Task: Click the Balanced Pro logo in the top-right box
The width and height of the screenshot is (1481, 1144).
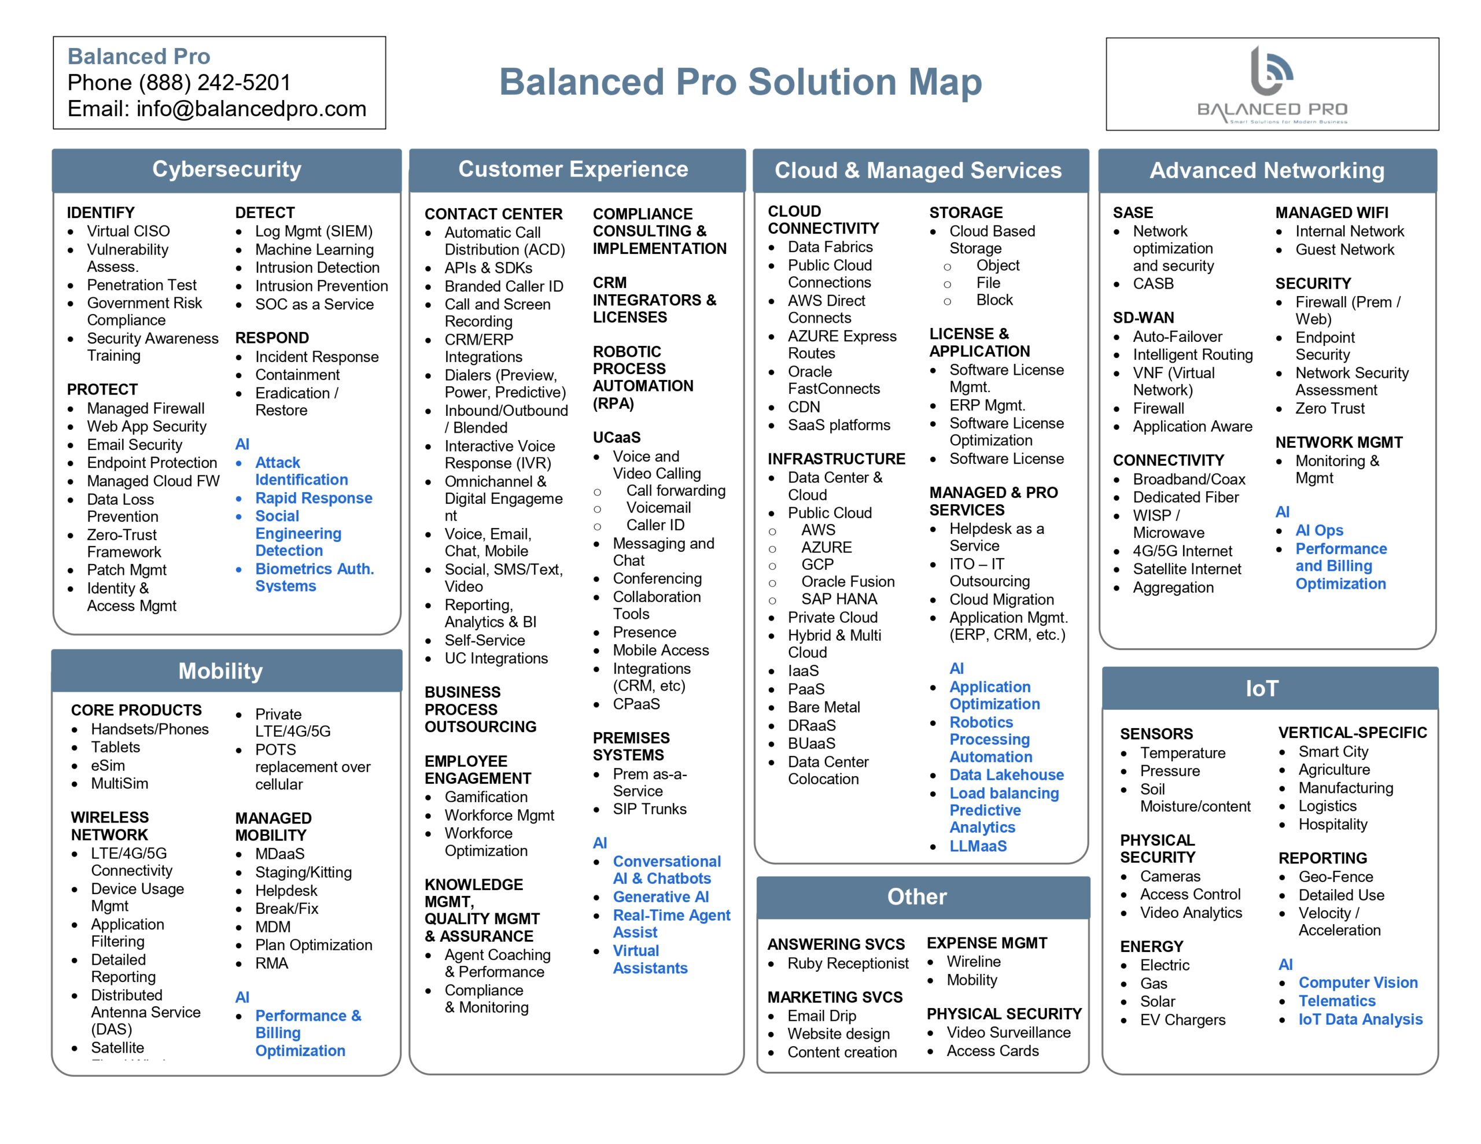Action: (1272, 85)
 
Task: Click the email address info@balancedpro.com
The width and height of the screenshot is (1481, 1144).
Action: (251, 109)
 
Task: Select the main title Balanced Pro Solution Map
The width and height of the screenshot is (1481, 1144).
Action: (740, 82)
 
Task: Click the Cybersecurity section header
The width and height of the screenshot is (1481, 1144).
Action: (227, 169)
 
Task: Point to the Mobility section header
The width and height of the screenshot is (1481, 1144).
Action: (220, 671)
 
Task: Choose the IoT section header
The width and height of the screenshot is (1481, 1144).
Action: (1261, 688)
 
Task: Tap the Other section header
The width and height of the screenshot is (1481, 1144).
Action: (917, 896)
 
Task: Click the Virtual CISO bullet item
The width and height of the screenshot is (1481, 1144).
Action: (128, 231)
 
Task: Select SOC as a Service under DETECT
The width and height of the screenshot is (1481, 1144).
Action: (314, 304)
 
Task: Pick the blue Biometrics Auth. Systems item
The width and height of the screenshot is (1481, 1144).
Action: (314, 577)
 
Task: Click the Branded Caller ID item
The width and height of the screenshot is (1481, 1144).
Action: (504, 286)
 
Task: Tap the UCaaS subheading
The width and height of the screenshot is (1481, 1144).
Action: (616, 437)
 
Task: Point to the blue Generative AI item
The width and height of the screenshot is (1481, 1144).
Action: (661, 896)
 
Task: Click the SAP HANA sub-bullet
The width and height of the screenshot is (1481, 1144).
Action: (839, 599)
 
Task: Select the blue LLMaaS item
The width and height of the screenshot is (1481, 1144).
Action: (978, 846)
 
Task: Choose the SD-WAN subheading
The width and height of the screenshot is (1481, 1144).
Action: (1143, 318)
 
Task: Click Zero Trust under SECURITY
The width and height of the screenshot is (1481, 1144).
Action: (1330, 408)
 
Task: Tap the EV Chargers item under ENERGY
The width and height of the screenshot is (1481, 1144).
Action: (1182, 1020)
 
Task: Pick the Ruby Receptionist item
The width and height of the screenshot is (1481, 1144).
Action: (848, 963)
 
